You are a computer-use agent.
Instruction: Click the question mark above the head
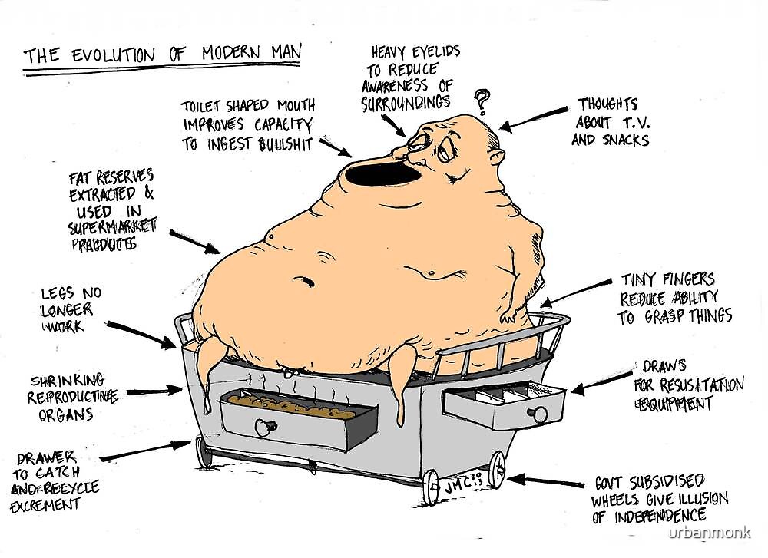tap(482, 99)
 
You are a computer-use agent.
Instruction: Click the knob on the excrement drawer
tap(266, 427)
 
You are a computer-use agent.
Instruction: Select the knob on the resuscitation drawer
tap(540, 414)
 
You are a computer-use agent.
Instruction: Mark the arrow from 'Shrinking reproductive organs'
tap(154, 391)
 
